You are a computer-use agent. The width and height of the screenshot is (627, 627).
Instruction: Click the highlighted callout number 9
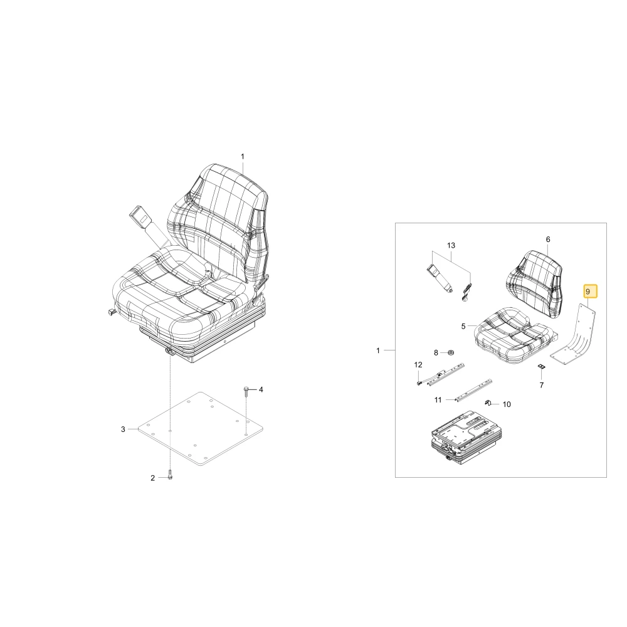(587, 292)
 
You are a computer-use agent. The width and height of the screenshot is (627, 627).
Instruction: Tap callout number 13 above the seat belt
(451, 245)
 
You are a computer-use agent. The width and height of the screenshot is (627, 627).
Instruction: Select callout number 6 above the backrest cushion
(548, 239)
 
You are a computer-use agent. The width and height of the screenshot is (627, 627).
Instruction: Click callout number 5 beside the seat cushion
(463, 326)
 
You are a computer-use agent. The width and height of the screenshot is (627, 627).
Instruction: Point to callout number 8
(436, 352)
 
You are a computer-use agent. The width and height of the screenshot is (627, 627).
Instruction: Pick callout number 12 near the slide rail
(418, 365)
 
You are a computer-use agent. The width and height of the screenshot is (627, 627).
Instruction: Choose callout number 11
(438, 400)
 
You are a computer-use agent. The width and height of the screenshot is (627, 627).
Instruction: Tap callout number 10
(507, 404)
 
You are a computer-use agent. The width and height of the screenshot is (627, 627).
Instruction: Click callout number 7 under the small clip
(542, 385)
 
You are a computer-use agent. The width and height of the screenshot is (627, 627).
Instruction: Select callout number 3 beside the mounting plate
(123, 429)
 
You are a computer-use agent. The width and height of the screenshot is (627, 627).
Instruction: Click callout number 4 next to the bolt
(261, 389)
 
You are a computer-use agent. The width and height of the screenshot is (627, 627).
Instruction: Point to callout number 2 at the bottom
(152, 478)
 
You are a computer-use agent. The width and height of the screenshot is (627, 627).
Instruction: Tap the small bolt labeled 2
(170, 475)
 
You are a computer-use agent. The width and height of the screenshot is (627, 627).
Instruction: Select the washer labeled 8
(451, 352)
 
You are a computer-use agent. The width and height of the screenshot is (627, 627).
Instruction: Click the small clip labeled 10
(487, 403)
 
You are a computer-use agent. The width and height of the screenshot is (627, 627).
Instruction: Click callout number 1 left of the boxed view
(378, 350)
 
